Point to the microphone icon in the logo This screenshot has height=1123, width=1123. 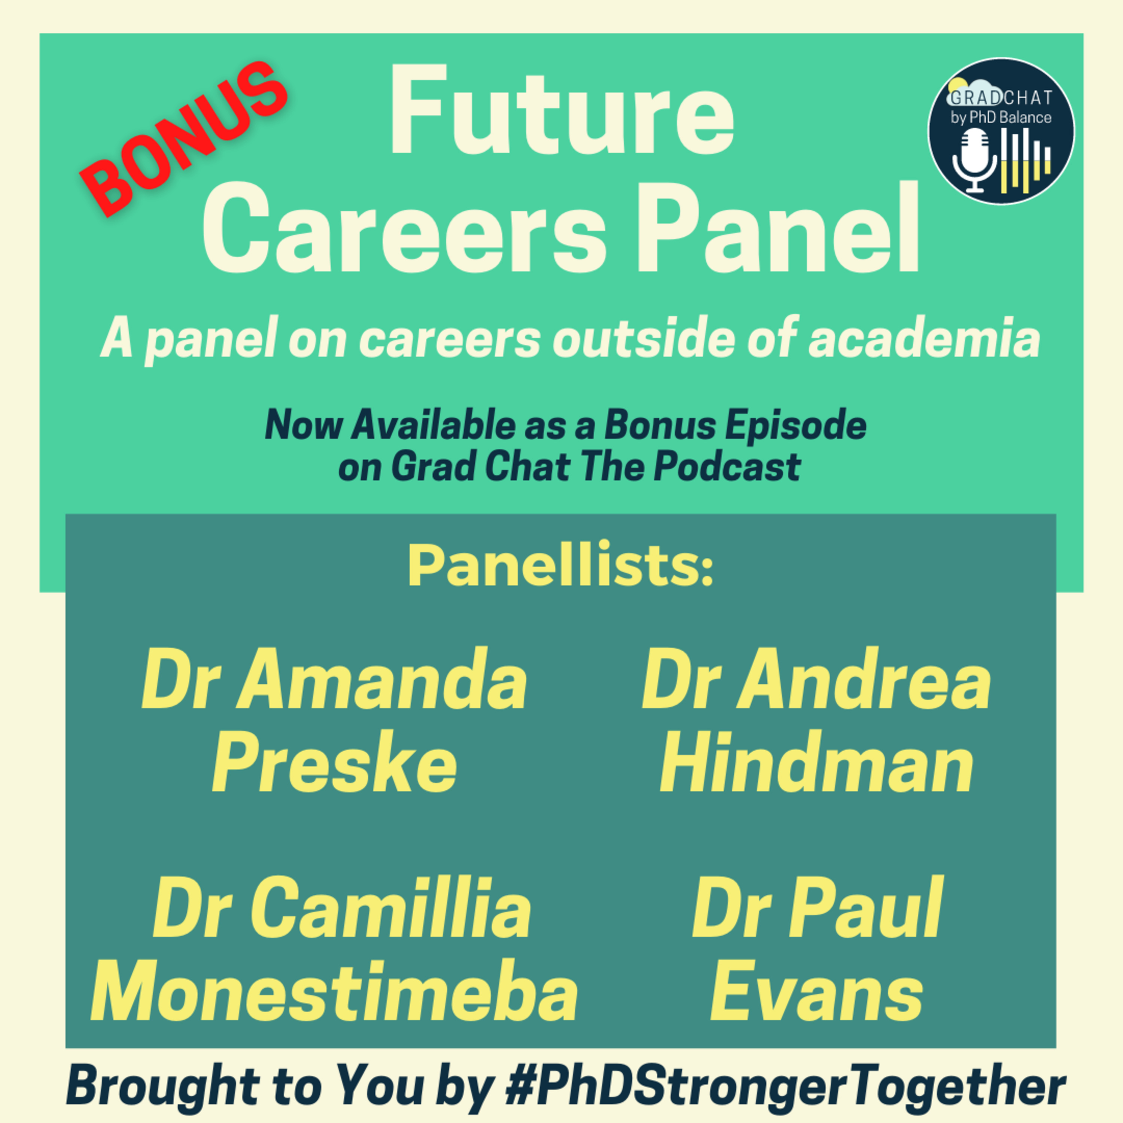[x=974, y=160]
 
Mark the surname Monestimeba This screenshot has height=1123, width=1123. [x=335, y=992]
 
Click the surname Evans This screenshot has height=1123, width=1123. [x=817, y=992]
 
